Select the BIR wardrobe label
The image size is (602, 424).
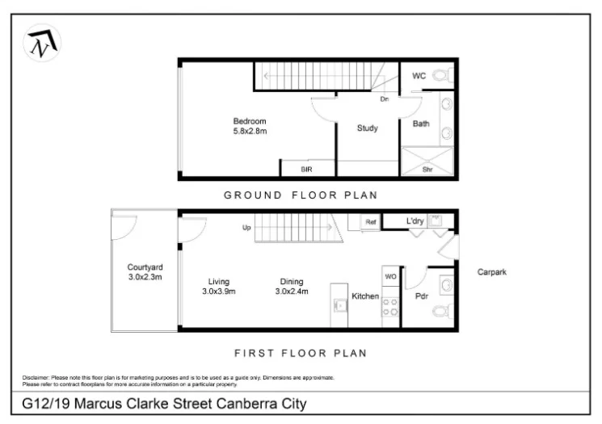point(306,170)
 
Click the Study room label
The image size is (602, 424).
point(367,128)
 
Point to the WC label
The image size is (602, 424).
point(419,76)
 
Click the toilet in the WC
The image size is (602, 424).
point(440,76)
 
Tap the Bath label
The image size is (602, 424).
point(421,124)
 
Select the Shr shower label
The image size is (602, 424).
point(427,170)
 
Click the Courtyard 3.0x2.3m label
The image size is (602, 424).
point(145,272)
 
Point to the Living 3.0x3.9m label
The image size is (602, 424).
point(217,287)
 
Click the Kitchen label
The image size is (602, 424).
point(365,296)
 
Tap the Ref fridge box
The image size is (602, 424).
point(371,221)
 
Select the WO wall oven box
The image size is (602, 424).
point(389,277)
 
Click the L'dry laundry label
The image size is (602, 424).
point(415,220)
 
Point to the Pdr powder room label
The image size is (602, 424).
point(420,296)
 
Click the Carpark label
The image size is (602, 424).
point(491,272)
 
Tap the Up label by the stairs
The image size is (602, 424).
point(247,228)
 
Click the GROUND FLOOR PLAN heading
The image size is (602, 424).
point(301,195)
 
